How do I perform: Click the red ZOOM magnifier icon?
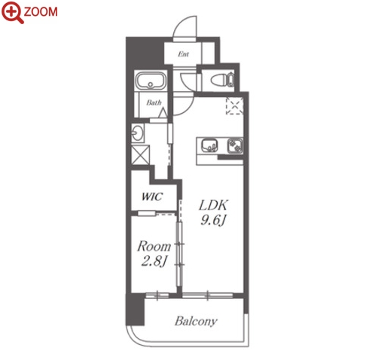[12, 12]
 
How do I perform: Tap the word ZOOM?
[41, 12]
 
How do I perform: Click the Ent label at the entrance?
[183, 53]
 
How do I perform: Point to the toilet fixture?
[222, 80]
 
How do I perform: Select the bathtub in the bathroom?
[151, 81]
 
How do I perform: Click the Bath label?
[154, 102]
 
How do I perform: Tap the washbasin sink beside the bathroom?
[138, 133]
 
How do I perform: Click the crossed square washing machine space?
[140, 155]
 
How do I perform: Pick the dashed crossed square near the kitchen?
[234, 105]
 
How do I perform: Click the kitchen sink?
[209, 146]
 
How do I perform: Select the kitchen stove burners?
[235, 146]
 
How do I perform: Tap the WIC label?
[152, 197]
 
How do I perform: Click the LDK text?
[213, 205]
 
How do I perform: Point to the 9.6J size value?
[213, 220]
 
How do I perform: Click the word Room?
[154, 246]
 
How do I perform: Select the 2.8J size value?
[154, 261]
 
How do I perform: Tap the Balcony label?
[196, 321]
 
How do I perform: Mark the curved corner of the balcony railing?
[133, 337]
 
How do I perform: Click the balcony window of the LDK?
[208, 295]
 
